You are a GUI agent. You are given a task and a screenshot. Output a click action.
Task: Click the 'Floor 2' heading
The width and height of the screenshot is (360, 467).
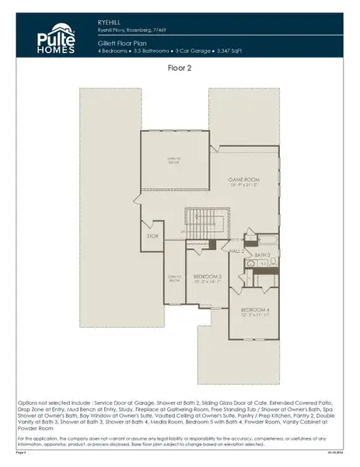[180, 68]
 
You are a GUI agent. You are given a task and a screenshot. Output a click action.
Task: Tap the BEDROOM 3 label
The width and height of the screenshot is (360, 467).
[208, 276]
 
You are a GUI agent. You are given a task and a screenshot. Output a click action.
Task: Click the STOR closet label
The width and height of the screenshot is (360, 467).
[152, 236]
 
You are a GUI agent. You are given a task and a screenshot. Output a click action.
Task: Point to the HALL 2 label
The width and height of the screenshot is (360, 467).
[237, 251]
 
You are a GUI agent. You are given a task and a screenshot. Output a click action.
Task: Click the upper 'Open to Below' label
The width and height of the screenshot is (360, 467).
[175, 160]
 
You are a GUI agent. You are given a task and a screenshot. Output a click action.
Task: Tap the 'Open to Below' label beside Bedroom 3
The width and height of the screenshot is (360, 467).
[175, 278]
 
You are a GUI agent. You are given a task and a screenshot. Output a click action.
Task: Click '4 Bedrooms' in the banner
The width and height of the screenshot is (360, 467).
[115, 51]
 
